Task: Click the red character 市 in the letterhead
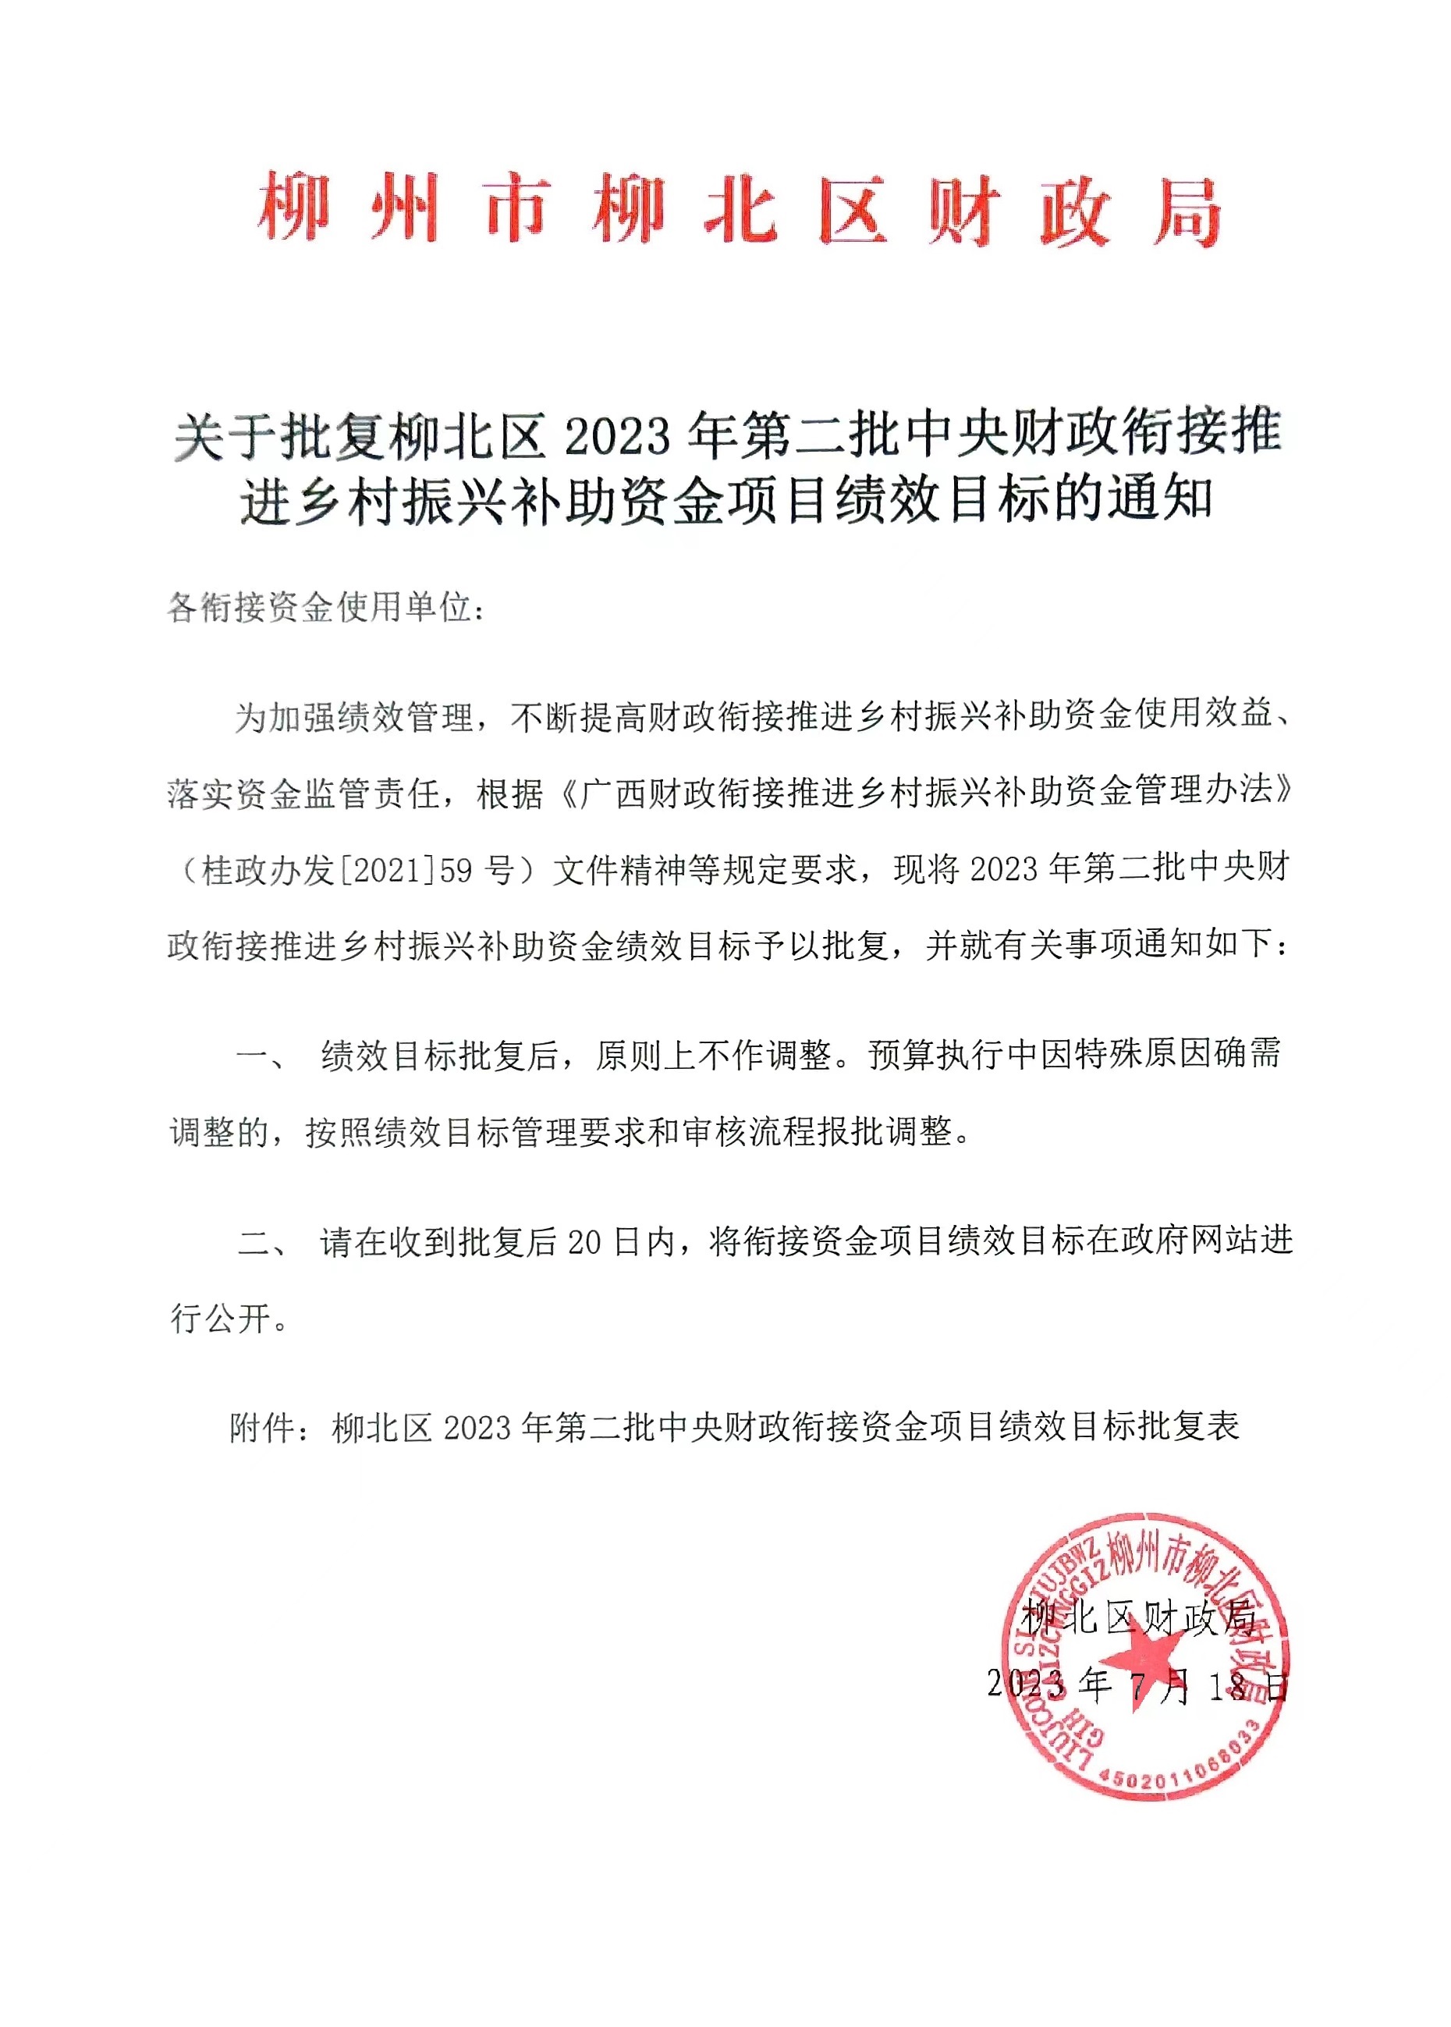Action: click(517, 210)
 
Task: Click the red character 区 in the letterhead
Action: click(853, 211)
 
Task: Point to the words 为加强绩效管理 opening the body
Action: click(354, 715)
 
